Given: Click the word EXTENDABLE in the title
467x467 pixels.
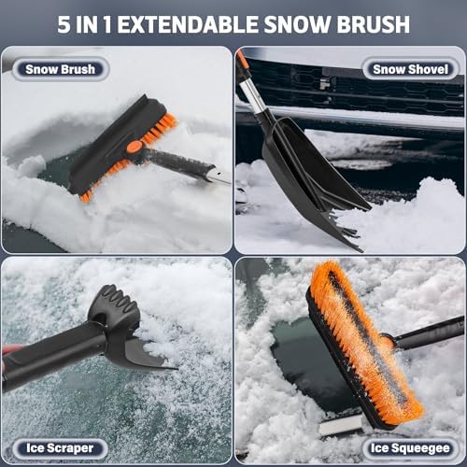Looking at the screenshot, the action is point(188,24).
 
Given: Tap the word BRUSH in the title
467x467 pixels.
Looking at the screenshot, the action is point(374,24).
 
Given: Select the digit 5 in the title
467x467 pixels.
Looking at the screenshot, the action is point(64,24).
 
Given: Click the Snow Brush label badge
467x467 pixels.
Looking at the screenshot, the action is point(61,69).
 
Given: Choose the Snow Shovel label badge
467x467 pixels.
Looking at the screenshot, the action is point(411,69).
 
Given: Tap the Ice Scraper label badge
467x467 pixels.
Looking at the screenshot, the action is point(60,448).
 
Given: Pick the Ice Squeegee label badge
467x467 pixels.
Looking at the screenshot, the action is point(410,448).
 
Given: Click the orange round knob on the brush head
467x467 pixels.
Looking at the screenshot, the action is point(134,147).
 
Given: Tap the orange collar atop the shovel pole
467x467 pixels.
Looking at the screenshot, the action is point(242,61).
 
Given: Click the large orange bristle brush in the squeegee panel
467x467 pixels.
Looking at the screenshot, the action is point(364,343).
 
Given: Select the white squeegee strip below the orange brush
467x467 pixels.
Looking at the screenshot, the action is point(341,424).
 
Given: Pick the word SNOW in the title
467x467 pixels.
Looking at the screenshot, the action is point(298,24).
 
